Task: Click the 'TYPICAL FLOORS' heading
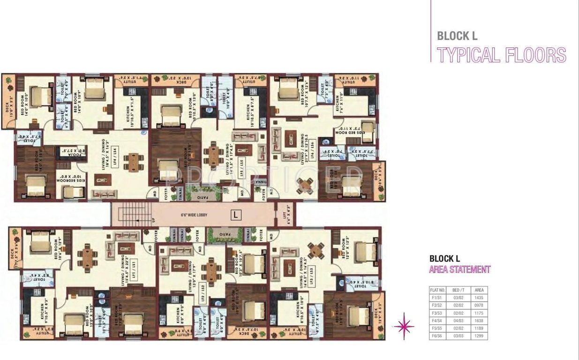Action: [501, 55]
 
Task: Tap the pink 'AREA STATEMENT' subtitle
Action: [459, 270]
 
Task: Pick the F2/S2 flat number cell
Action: [436, 305]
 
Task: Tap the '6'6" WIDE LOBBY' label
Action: [194, 215]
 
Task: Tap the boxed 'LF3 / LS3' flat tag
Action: [311, 273]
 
